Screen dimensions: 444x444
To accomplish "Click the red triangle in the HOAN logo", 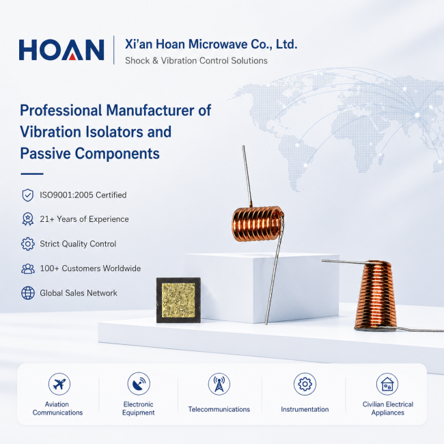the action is (72, 57).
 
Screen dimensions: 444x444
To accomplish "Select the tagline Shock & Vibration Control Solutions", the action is (196, 61).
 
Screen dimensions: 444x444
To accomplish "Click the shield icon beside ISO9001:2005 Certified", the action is (28, 195).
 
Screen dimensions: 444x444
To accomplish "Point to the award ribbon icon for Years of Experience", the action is (28, 219).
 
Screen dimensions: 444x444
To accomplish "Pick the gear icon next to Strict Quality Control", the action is (28, 244).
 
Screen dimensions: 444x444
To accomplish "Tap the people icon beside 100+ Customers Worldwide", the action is (28, 268).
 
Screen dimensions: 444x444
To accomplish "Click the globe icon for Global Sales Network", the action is (28, 293).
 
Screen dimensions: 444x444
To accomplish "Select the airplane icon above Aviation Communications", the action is (59, 384).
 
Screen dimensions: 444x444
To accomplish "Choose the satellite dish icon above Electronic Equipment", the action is (139, 384).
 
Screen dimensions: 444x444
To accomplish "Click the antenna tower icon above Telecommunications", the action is (219, 384).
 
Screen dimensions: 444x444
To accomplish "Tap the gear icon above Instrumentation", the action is (305, 384).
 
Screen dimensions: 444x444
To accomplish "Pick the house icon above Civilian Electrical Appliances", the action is (387, 384).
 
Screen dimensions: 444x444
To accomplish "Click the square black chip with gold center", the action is (178, 300).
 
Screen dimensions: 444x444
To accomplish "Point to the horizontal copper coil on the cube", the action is (258, 223).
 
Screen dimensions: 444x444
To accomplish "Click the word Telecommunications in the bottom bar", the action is (219, 409).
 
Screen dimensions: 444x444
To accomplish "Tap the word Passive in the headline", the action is (45, 154).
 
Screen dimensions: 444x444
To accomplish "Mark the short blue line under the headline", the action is (32, 174).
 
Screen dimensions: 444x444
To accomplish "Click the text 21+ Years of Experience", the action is (84, 219).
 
